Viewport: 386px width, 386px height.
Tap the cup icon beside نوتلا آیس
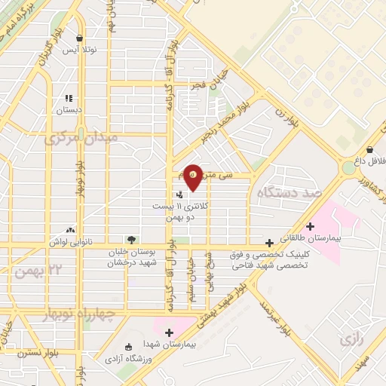point(80,38)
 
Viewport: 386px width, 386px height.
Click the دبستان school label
point(69,110)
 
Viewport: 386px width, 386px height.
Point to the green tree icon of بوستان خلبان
point(132,240)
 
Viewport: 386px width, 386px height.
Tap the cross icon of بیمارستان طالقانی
point(310,225)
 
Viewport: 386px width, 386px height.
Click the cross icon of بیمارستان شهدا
point(169,332)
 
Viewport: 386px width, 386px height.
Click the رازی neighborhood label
point(351,340)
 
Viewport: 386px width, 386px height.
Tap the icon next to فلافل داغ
point(369,149)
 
